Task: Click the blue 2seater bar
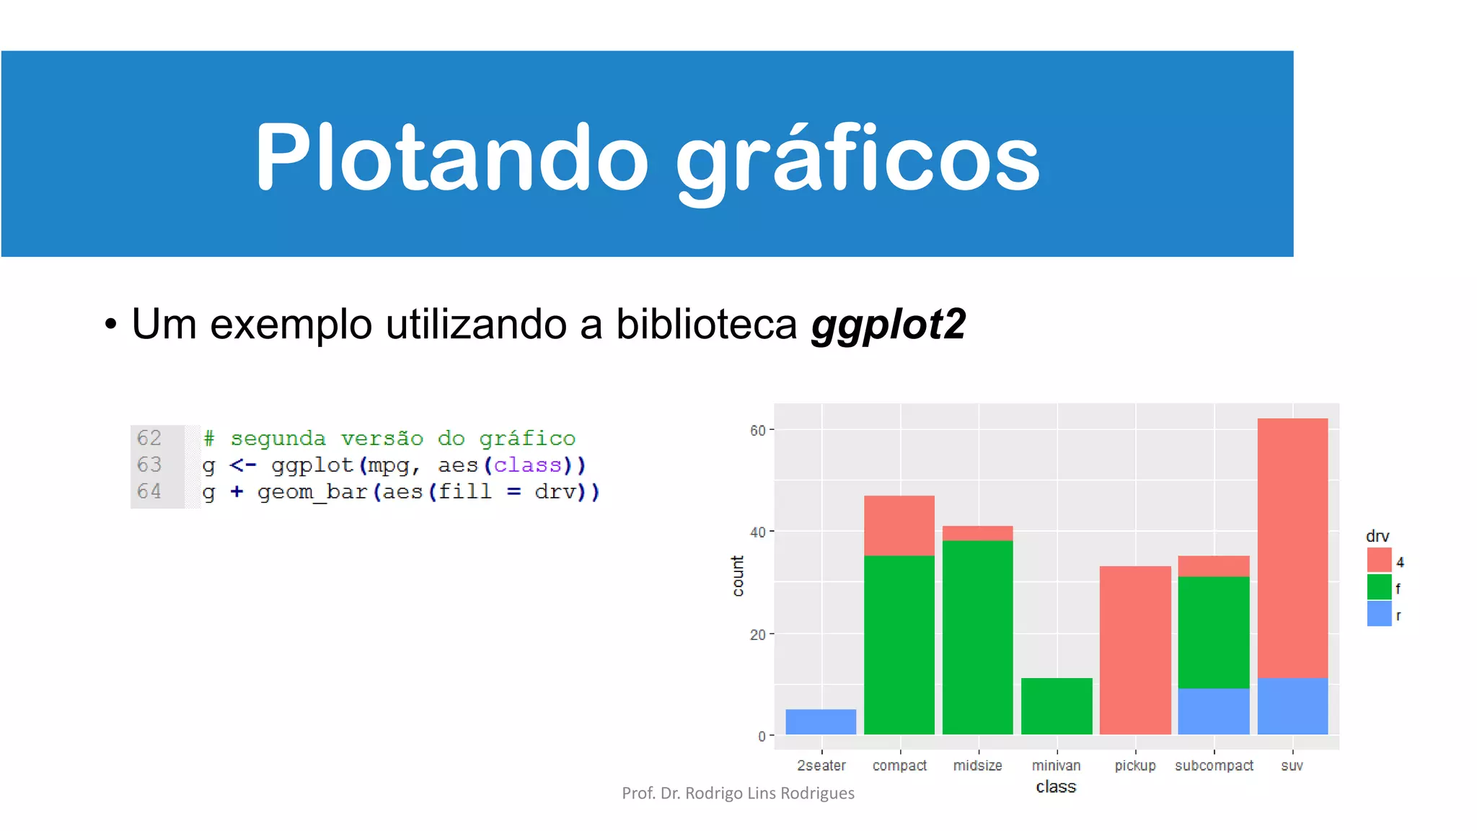pyautogui.click(x=821, y=721)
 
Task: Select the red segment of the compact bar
pyautogui.click(x=899, y=525)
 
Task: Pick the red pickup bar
pyautogui.click(x=1135, y=649)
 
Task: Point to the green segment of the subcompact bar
pyautogui.click(x=1214, y=632)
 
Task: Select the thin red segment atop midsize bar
pyautogui.click(x=977, y=533)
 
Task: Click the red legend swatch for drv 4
pyautogui.click(x=1379, y=560)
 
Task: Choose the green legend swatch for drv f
pyautogui.click(x=1379, y=587)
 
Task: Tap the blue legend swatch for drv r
pyautogui.click(x=1379, y=614)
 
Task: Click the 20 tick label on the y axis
pyautogui.click(x=757, y=635)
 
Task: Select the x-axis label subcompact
pyautogui.click(x=1214, y=765)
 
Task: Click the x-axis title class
pyautogui.click(x=1056, y=787)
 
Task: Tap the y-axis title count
pyautogui.click(x=738, y=576)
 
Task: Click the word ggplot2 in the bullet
pyautogui.click(x=889, y=325)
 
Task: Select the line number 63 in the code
pyautogui.click(x=149, y=465)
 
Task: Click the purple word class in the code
pyautogui.click(x=527, y=465)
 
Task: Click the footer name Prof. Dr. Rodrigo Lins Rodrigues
pyautogui.click(x=738, y=793)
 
